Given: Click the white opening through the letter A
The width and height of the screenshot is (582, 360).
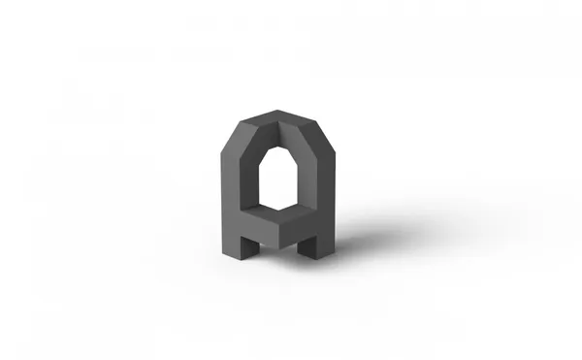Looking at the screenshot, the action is (x=278, y=179).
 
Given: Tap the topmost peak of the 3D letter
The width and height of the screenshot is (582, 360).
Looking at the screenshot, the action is (x=277, y=111).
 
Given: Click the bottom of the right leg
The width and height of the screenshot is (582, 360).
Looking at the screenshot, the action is (x=316, y=256).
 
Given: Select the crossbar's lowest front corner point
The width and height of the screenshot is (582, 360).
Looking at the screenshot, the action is (x=278, y=248).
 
